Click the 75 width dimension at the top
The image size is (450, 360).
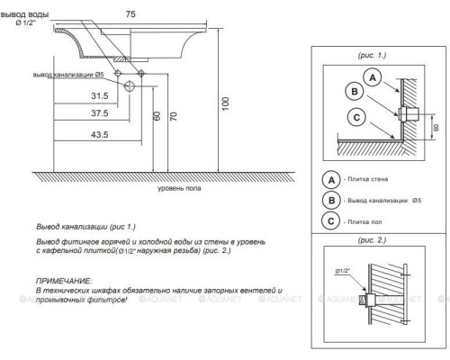coord(130,14)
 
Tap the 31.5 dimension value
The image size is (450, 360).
coord(100,96)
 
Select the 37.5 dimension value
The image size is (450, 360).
coord(100,113)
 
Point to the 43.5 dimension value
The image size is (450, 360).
coord(100,135)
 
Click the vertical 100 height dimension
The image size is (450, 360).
coord(226,103)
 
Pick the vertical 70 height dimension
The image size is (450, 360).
coord(174,116)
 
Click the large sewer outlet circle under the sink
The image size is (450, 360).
coord(130,86)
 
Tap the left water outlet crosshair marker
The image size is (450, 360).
coord(118,73)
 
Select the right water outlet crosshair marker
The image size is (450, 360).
coord(141,73)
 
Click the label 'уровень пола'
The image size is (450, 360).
coord(179,188)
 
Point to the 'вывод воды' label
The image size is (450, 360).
coord(24,14)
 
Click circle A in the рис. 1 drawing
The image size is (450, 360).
coord(373,77)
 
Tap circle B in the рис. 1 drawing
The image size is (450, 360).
coord(355,92)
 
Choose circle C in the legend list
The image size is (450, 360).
coord(331,221)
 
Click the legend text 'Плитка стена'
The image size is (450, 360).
coord(368,179)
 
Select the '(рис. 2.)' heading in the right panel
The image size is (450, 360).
coord(372,240)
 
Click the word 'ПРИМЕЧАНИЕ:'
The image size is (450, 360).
coord(64,281)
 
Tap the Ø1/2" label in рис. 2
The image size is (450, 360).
coord(343,271)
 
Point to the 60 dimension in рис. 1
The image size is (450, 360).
coord(436,127)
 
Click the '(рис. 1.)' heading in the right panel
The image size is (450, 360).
coord(372,55)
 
